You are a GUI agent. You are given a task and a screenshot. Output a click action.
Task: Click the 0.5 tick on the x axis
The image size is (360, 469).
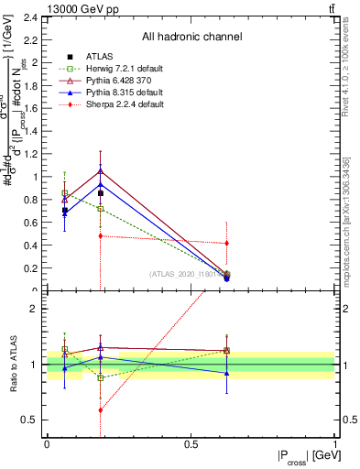pyautogui.click(x=191, y=443)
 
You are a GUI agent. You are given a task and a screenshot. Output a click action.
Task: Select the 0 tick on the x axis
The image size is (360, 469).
pyautogui.click(x=47, y=443)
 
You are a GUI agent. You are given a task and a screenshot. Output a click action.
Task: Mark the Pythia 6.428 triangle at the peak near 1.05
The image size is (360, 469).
pyautogui.click(x=100, y=171)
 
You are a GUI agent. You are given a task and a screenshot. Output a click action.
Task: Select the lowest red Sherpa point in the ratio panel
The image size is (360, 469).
pyautogui.click(x=100, y=409)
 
